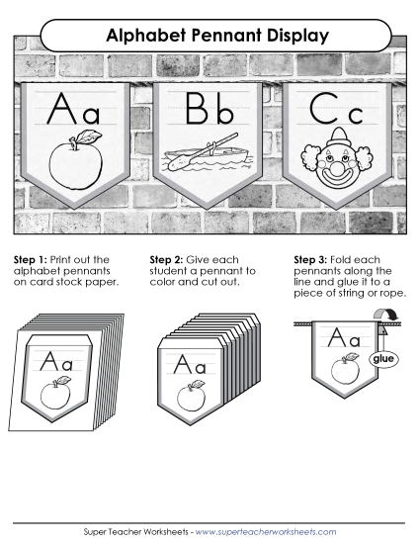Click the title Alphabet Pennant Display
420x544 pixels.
click(209, 37)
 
